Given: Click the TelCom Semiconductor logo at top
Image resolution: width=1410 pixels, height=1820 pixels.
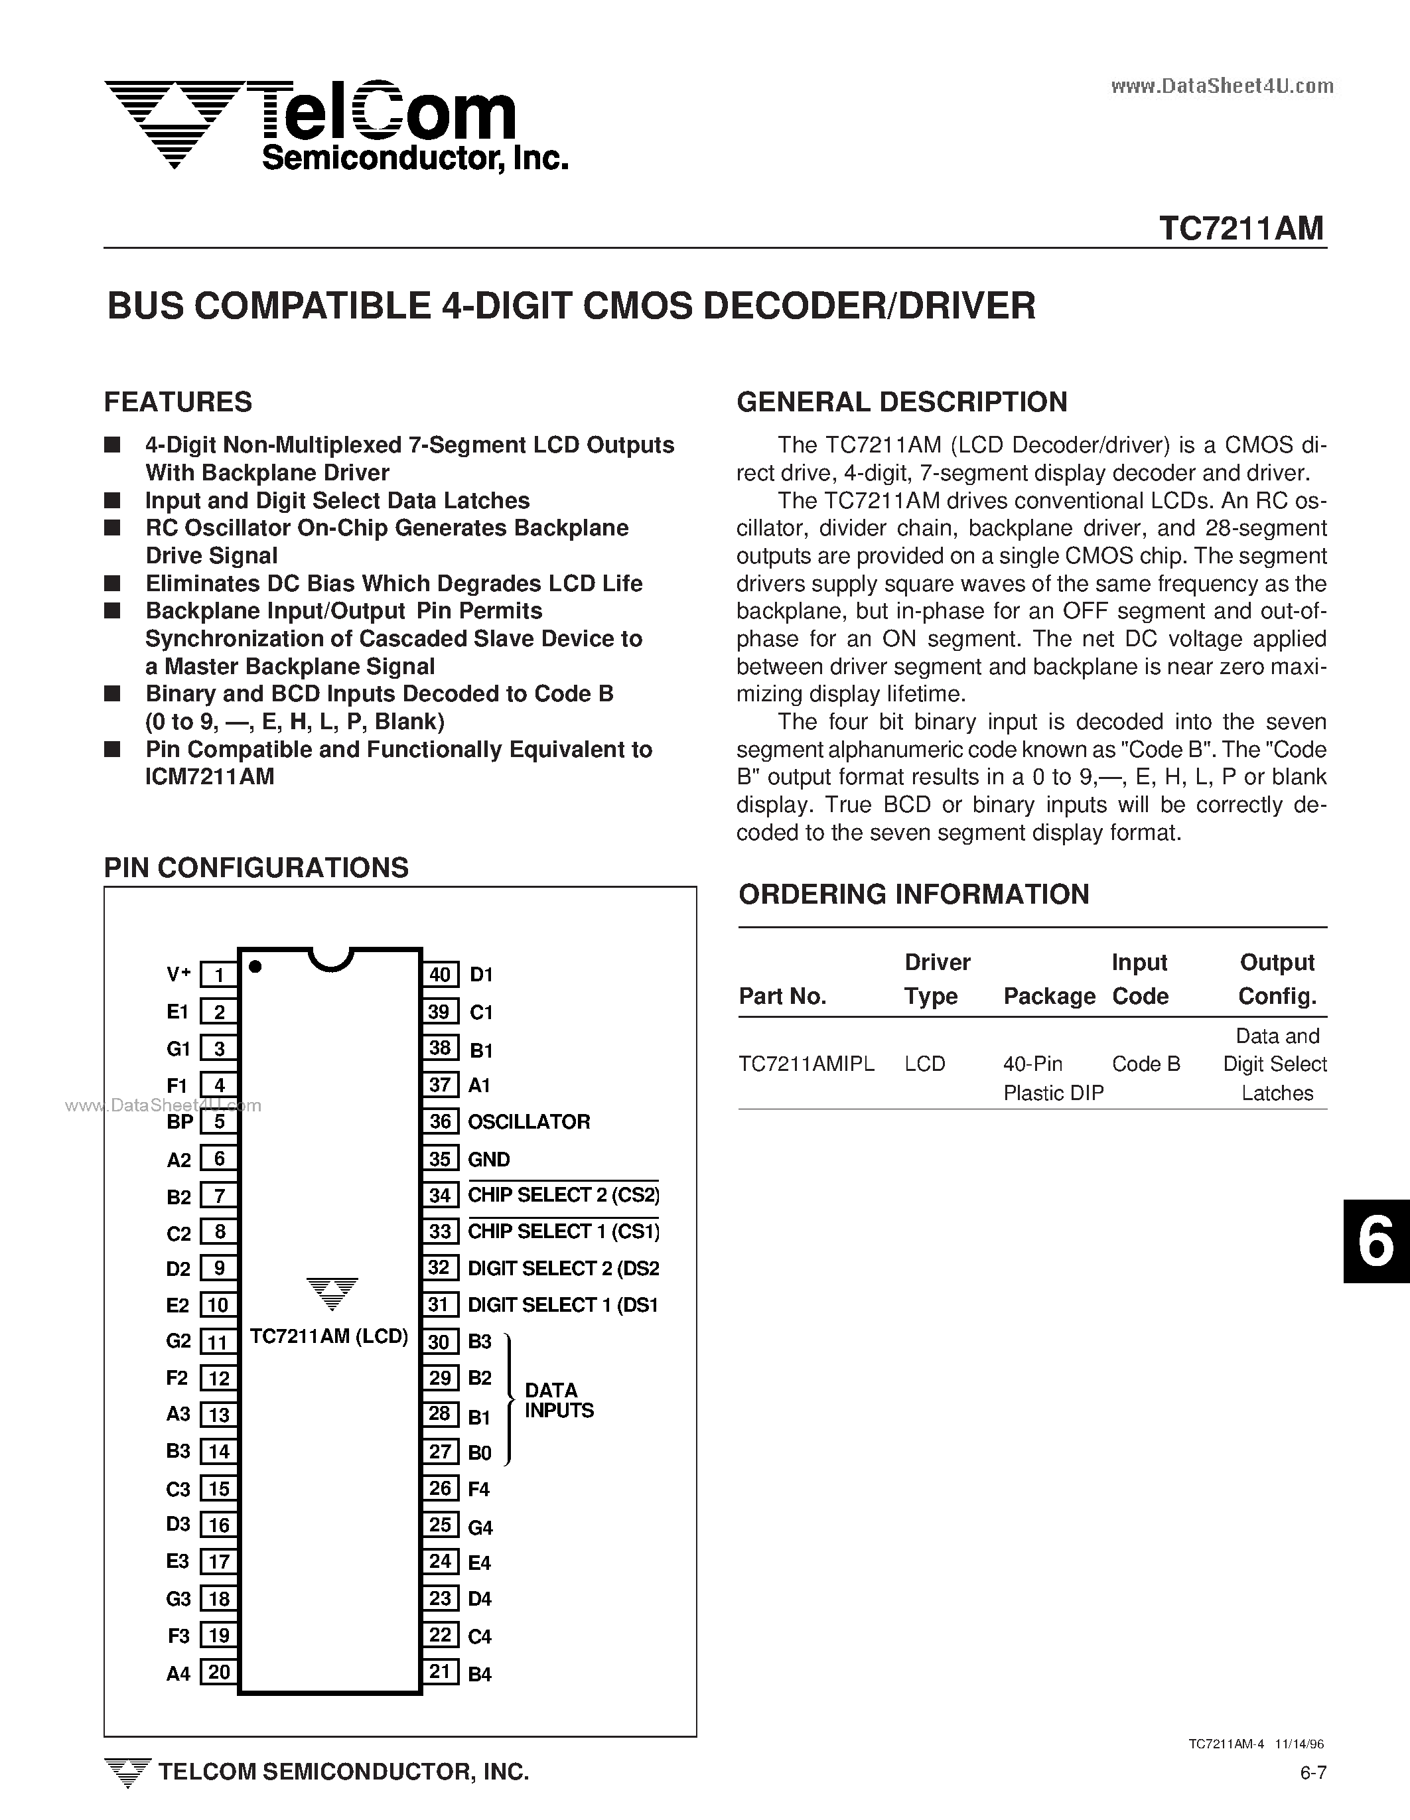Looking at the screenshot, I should pos(333,125).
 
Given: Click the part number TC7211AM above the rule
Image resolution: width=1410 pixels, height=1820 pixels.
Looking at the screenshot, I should pos(1241,228).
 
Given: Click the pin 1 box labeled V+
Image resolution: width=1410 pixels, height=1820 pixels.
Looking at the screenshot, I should pos(219,974).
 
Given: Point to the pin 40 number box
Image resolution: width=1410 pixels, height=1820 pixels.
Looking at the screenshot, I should pos(440,974).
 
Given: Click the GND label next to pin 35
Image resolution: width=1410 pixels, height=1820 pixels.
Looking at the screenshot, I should pos(488,1159).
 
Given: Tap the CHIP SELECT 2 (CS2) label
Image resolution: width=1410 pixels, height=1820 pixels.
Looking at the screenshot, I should pos(563,1195).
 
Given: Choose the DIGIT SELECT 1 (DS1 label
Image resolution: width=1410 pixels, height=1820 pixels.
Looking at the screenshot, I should pos(563,1305).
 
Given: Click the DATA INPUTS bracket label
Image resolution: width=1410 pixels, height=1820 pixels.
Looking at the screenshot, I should pos(558,1400).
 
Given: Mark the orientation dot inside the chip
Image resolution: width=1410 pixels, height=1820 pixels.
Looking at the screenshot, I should pos(256,967).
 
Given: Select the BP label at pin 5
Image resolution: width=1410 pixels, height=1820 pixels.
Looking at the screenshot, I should pos(180,1122).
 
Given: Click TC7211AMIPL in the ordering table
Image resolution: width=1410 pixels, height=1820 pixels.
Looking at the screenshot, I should pos(806,1064).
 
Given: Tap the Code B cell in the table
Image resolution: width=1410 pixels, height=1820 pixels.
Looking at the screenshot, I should pos(1146,1064).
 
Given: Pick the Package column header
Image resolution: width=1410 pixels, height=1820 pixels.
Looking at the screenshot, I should pos(1048,997).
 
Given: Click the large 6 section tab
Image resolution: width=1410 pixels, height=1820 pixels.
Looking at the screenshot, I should pos(1376,1241).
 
